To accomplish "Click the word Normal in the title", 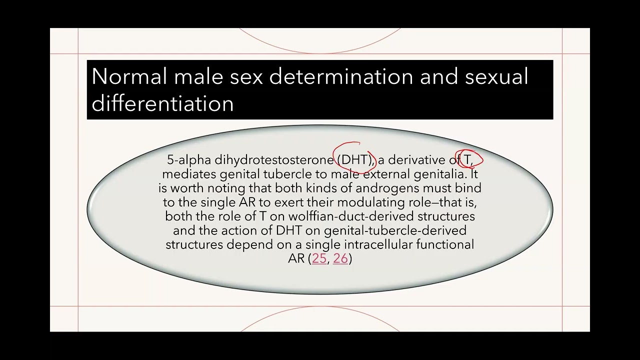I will [x=129, y=77].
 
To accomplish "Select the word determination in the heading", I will [x=341, y=77].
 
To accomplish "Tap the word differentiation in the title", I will [x=162, y=103].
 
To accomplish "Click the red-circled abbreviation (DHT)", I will [x=355, y=160].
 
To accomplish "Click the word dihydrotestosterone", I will [x=274, y=160].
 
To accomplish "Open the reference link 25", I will [x=319, y=258].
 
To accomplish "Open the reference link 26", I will [x=340, y=258].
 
